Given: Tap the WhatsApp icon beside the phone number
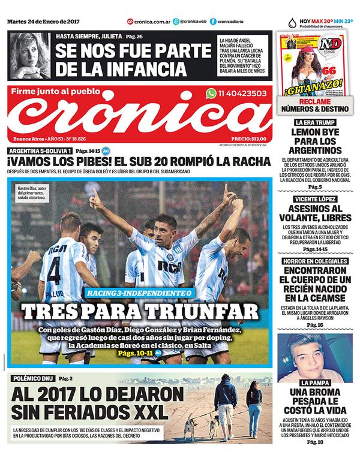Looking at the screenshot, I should [211, 93].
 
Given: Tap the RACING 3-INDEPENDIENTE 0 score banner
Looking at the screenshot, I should [139, 294].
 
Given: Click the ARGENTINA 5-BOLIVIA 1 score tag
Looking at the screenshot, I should [39, 150].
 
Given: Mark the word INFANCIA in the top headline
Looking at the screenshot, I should [139, 67].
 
